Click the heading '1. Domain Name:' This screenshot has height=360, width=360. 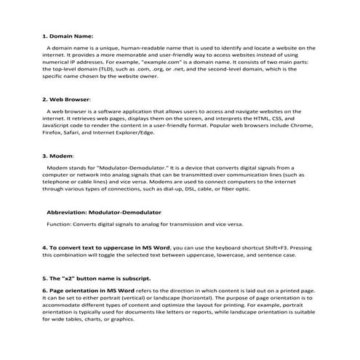click(67, 35)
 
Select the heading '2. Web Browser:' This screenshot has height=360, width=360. click(66, 98)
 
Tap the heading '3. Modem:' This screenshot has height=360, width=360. click(58, 155)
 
